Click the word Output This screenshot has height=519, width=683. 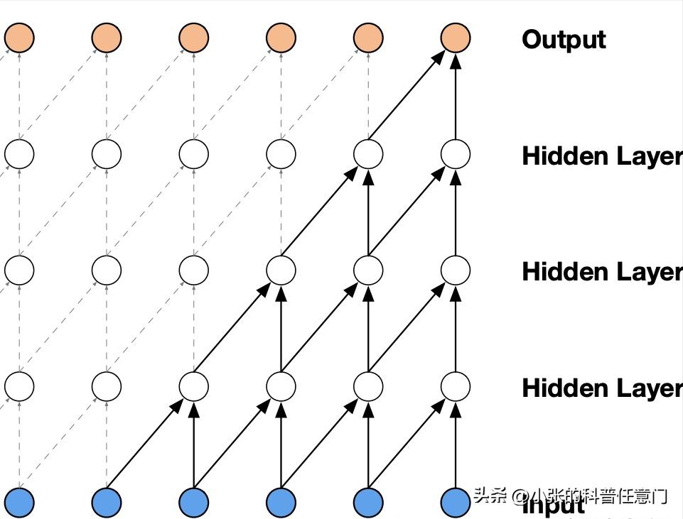point(564,39)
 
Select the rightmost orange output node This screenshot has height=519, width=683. point(455,38)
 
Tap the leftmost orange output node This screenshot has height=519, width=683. point(19,38)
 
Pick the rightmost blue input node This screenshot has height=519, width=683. point(455,502)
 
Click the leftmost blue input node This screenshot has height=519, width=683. point(19,502)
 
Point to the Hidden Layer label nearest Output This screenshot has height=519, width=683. point(601,156)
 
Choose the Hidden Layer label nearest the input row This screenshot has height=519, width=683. point(601,388)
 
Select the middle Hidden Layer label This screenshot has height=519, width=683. point(601,271)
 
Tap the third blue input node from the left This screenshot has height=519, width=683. point(193,502)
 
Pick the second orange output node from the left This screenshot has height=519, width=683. point(107,38)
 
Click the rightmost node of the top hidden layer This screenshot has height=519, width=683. point(455,154)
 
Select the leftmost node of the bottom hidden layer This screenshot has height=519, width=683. point(19,386)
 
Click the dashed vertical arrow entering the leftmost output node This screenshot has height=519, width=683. point(19,96)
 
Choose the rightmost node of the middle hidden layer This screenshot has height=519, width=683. point(455,270)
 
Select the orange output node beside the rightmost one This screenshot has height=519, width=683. point(368,38)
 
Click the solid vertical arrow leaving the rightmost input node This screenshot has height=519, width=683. point(455,444)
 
